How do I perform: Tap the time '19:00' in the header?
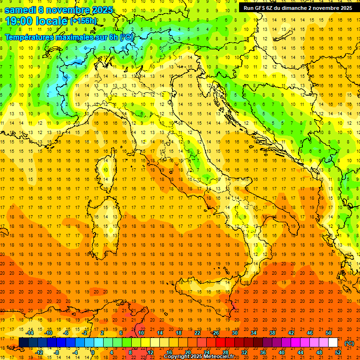[18, 21]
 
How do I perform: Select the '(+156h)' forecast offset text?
[83, 21]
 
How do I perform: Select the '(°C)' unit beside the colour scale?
[349, 344]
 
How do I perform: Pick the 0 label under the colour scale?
[93, 352]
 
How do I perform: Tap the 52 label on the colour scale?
[337, 352]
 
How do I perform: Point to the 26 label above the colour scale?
[216, 333]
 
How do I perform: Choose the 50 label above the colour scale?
[329, 333]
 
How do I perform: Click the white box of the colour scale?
[333, 343]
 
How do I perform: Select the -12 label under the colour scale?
[39, 352]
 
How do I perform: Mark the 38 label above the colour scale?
[272, 333]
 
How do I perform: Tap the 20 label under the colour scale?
[187, 352]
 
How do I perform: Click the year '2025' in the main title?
[103, 10]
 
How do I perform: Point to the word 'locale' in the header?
[52, 21]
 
